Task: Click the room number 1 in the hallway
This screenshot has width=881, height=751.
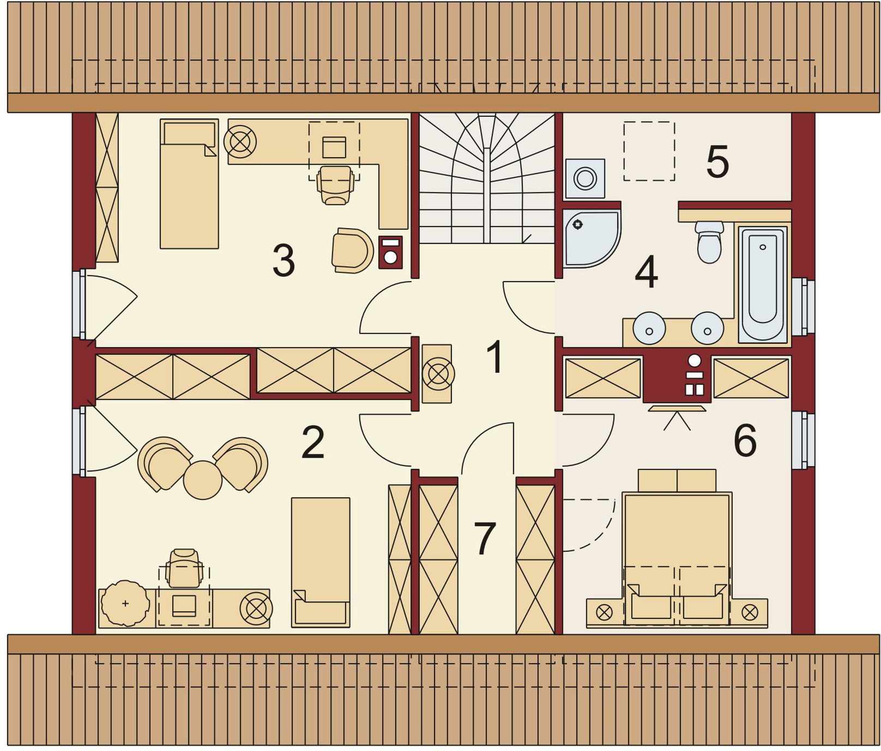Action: click(495, 357)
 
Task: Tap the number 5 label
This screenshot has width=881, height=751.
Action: click(717, 162)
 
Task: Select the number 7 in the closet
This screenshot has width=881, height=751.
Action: click(485, 539)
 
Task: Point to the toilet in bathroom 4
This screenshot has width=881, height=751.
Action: click(709, 242)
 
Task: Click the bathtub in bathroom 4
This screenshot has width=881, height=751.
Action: click(763, 284)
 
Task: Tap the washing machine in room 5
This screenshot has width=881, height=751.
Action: click(585, 178)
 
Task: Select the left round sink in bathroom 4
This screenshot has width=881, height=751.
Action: click(649, 328)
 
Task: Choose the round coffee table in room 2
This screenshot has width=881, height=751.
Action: click(203, 480)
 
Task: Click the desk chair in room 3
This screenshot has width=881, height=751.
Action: click(335, 185)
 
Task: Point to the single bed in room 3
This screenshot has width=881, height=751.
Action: click(189, 184)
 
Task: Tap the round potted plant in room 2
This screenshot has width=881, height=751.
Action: click(125, 603)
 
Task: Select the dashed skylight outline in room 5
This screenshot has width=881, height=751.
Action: click(649, 151)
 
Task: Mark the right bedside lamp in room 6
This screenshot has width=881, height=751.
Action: click(750, 612)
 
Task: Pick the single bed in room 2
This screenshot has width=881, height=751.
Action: click(321, 562)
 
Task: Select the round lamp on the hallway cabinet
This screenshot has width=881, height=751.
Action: click(437, 374)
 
